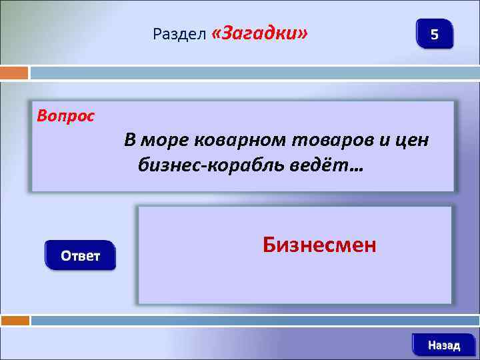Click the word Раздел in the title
coord(179,33)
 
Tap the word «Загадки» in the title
coord(259,33)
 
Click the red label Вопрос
coord(66,116)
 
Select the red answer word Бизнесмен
coord(319,245)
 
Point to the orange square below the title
coord(14,72)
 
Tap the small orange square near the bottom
coord(14,321)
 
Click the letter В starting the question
coord(130,141)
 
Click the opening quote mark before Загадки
coord(217,33)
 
